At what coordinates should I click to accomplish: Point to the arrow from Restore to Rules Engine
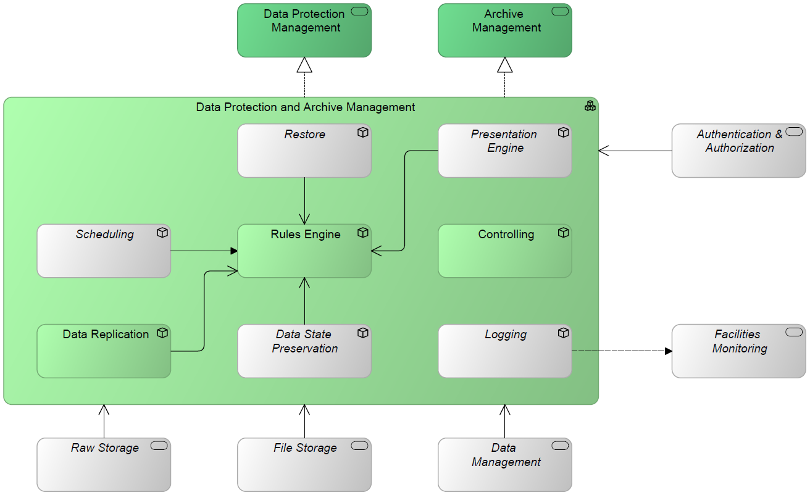point(304,201)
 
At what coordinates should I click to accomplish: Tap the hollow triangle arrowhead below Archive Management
point(505,65)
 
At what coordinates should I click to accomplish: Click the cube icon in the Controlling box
point(563,233)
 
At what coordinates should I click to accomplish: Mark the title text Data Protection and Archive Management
point(306,107)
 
